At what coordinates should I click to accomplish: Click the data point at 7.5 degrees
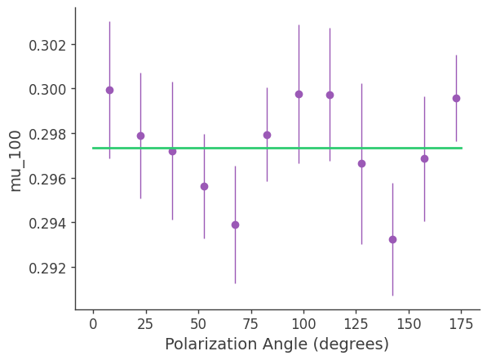[x=109, y=90]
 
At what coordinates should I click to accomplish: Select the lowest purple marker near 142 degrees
[x=392, y=239]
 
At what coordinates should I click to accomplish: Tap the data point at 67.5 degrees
[x=235, y=224]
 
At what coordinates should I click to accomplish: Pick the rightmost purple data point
[x=456, y=98]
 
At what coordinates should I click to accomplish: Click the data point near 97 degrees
[x=299, y=94]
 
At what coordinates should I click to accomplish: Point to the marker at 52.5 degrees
[x=204, y=186]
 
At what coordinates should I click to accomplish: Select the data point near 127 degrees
[x=361, y=163]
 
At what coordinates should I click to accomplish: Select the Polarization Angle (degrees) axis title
[x=277, y=344]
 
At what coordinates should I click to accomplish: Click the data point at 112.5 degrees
[x=330, y=95]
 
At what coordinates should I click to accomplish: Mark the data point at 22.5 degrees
[x=140, y=136]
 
